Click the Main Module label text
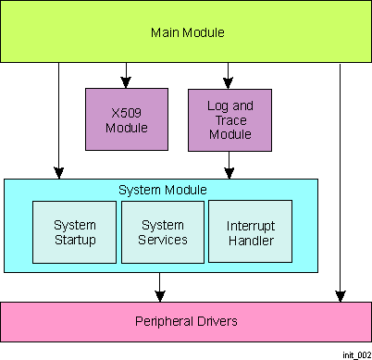click(x=188, y=33)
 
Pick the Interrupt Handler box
click(x=250, y=232)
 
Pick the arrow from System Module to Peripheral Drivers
click(x=160, y=286)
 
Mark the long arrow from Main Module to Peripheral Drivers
click(x=340, y=185)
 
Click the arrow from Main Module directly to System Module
click(x=58, y=120)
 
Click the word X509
click(x=127, y=112)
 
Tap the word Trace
click(x=229, y=120)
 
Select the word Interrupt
click(x=250, y=226)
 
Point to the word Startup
click(x=75, y=240)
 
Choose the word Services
click(x=163, y=240)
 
